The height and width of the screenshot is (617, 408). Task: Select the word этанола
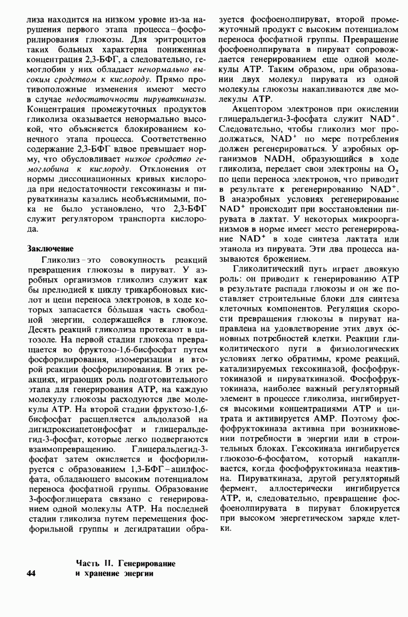(x=235, y=249)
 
